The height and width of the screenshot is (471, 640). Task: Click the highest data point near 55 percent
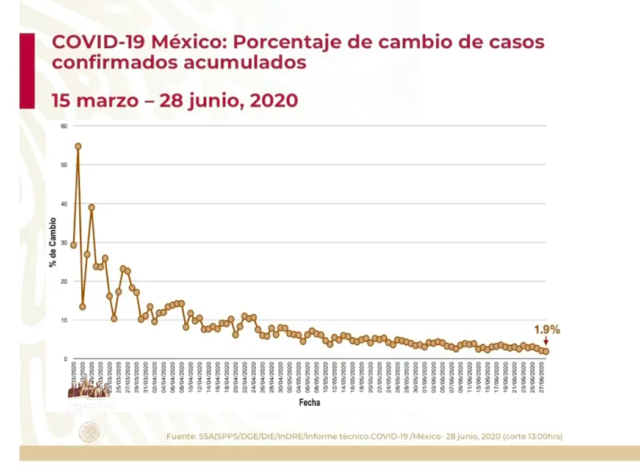78,146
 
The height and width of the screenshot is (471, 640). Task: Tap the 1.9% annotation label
547,329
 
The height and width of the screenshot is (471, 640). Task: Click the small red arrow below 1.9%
545,342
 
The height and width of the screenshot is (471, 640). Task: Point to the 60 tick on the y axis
63,126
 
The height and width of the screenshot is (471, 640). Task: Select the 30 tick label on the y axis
63,243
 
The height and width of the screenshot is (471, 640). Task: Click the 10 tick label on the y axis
63,320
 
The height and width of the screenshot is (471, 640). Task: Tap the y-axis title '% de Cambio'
52,242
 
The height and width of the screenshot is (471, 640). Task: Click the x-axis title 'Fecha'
309,403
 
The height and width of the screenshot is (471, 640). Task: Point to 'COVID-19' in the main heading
98,43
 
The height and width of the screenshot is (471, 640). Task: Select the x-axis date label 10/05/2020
326,378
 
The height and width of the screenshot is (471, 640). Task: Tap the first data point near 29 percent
74,245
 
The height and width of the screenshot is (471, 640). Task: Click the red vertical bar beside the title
27,70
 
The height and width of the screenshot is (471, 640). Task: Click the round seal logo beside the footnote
88,433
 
